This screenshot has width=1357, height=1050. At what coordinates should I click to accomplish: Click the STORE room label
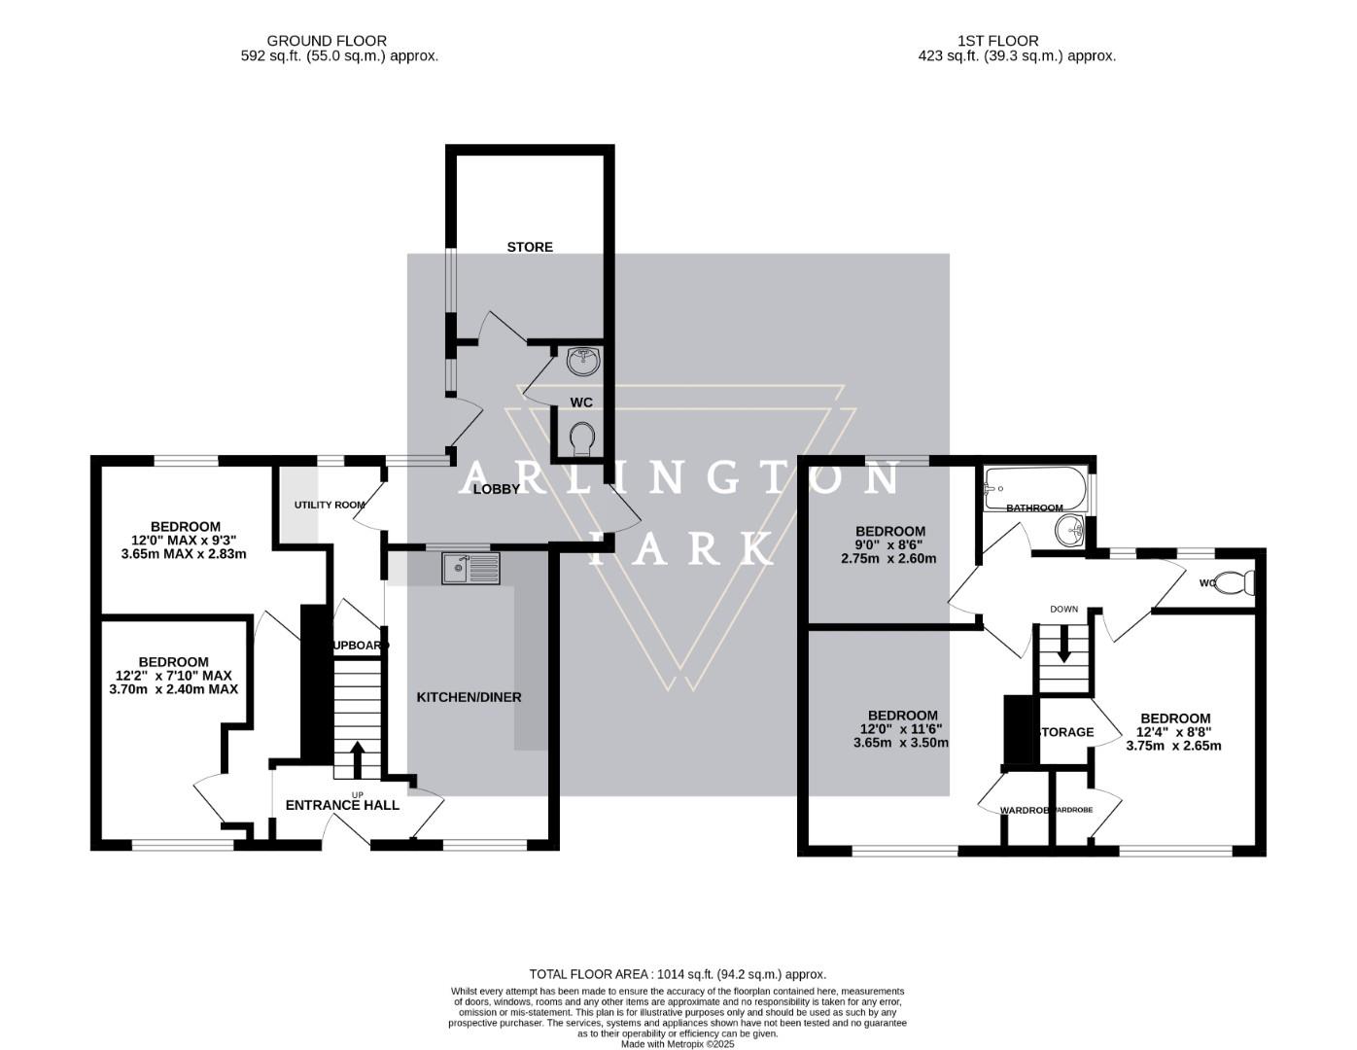coord(530,247)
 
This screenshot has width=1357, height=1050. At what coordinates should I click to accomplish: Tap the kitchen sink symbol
coord(470,568)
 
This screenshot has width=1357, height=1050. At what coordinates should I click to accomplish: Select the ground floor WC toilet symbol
coord(583,438)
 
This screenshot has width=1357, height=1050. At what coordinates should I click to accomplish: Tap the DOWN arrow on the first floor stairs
coord(1063,645)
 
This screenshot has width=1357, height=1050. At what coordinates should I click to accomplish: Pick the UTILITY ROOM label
coord(331,505)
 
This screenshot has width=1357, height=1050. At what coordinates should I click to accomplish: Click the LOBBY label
coord(497,489)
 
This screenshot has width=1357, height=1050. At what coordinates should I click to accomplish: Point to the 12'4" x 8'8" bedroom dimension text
coord(1174,732)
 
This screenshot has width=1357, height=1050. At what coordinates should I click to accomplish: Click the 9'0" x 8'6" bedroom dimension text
coord(889,544)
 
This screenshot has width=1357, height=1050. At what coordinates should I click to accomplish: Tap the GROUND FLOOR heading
coord(327,41)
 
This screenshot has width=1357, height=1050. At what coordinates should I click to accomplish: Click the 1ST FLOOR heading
coord(997,41)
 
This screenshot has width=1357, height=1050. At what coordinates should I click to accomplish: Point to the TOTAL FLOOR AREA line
coord(678,973)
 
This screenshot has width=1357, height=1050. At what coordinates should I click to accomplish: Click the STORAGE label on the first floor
coord(1067,732)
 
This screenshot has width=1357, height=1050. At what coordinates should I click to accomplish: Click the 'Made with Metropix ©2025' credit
coord(678,1044)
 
